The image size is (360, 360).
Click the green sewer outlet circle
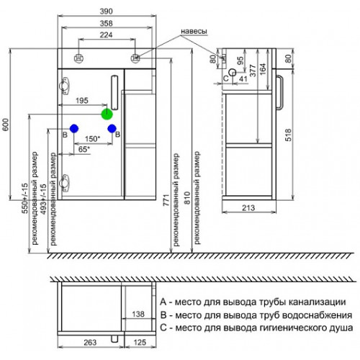point(107,114)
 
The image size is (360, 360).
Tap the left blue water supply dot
point(74,129)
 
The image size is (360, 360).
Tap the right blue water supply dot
point(112,129)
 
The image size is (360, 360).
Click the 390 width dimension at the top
point(106,12)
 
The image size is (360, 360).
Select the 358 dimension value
point(106,23)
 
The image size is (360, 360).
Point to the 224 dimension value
point(106,35)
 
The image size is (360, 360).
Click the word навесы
point(194,31)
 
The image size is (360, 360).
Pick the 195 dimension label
point(82,101)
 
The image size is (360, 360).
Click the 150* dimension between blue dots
point(92,139)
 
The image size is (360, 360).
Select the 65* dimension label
point(84,149)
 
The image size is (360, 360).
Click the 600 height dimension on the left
point(6,125)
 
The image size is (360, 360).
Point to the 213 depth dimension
point(248,208)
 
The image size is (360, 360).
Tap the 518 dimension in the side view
point(289,135)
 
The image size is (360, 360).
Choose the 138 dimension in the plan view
point(138,314)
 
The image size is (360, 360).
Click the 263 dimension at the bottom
point(90,343)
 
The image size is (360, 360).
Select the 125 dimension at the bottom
point(140,343)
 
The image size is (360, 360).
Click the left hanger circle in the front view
point(78,58)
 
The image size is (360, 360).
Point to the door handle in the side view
point(279,92)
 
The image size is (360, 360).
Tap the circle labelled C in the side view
point(233,72)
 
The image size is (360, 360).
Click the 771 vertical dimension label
point(166,200)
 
